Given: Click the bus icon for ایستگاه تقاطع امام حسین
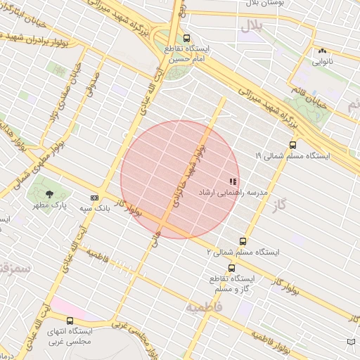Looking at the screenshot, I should pos(186,38).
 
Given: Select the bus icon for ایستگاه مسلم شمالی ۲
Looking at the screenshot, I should pos(243,240).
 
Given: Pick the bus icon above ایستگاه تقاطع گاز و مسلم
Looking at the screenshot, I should pos(231,268).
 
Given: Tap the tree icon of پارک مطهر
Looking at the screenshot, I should pos(49,194).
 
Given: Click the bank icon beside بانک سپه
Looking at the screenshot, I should pos(94,198).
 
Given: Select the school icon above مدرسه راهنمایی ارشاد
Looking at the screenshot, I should pos(233,181).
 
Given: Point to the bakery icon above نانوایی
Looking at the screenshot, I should pos(323,51).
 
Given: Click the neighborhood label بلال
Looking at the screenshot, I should pos(252,27).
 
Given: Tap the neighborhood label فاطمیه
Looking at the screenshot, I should pos(204,307).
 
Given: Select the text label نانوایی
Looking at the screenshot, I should pos(323,61).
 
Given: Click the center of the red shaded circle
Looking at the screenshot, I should pos(180,179).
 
